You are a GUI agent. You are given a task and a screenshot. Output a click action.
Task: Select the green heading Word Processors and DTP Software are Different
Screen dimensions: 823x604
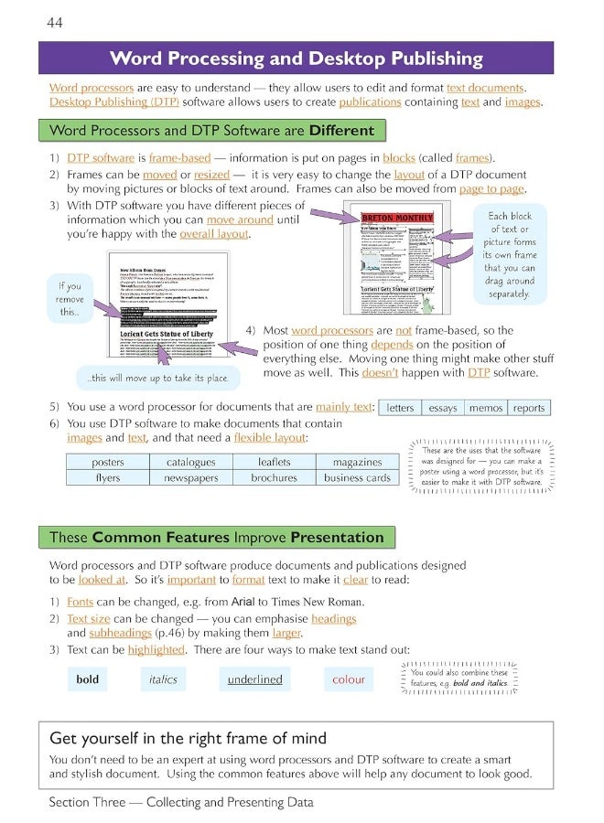pyautogui.click(x=211, y=130)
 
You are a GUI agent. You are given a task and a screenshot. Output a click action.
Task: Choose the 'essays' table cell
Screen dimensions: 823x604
pyautogui.click(x=442, y=408)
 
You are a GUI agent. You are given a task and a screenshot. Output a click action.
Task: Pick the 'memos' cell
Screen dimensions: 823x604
pyautogui.click(x=485, y=408)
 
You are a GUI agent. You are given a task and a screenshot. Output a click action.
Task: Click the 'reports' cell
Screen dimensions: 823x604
pyautogui.click(x=528, y=408)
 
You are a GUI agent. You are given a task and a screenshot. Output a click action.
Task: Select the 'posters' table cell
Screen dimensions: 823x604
pyautogui.click(x=108, y=463)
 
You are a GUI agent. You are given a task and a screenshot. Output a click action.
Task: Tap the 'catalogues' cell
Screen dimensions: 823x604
pyautogui.click(x=190, y=463)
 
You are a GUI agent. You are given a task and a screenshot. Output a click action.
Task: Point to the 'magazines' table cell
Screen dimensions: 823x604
pyautogui.click(x=357, y=463)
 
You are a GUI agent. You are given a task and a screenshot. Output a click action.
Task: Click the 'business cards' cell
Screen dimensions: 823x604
pyautogui.click(x=357, y=477)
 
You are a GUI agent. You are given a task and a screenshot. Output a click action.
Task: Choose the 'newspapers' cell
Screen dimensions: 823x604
pyautogui.click(x=190, y=477)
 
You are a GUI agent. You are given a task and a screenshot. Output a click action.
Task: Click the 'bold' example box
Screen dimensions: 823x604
pyautogui.click(x=87, y=679)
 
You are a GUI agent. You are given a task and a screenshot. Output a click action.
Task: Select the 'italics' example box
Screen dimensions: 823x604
pyautogui.click(x=163, y=679)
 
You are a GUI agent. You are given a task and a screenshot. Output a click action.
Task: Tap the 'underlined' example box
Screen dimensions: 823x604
pyautogui.click(x=254, y=679)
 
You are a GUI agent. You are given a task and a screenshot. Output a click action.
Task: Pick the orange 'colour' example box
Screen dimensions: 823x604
pyautogui.click(x=348, y=679)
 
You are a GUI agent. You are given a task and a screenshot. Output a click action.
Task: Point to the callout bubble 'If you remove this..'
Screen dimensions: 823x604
pyautogui.click(x=70, y=299)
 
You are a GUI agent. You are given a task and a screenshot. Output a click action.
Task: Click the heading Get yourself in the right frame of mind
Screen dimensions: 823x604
pyautogui.click(x=188, y=738)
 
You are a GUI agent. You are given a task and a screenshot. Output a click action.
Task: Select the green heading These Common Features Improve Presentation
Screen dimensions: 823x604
pyautogui.click(x=216, y=536)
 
